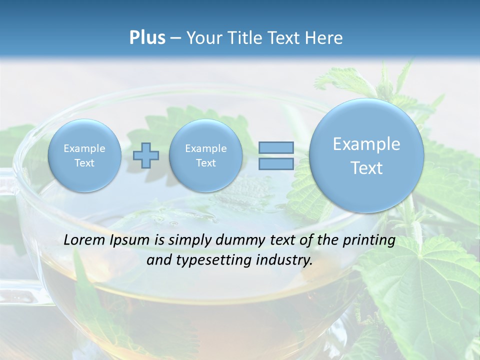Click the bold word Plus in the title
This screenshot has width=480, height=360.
(147, 38)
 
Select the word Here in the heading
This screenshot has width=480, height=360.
(324, 38)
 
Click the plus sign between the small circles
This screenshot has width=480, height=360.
(146, 155)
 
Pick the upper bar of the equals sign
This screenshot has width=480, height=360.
(276, 147)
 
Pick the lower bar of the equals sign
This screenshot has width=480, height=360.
(276, 163)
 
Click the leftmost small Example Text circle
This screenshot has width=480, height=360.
(84, 155)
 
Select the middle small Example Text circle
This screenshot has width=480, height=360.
(205, 155)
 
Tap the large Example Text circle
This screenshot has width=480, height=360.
(366, 155)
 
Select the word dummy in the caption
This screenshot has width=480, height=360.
(239, 240)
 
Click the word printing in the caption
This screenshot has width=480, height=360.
(369, 240)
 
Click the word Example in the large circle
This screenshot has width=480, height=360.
(366, 144)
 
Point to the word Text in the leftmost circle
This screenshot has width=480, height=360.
(84, 163)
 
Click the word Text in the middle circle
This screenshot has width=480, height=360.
(205, 163)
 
